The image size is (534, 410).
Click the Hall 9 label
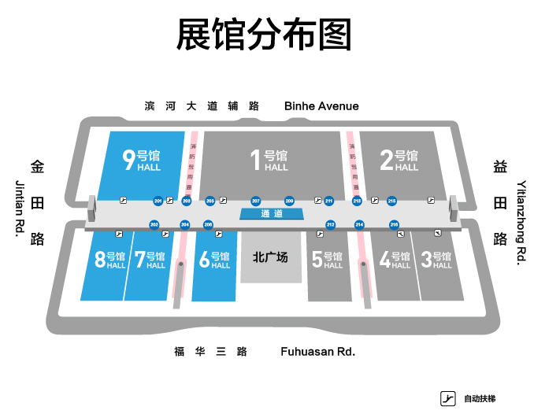[142, 160]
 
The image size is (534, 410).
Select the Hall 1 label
[269, 160]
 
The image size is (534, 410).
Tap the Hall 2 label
[399, 160]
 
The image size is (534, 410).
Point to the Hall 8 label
[110, 260]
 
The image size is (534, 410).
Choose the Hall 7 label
[150, 260]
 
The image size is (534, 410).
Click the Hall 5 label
[327, 260]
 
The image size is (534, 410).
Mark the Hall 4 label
[395, 260]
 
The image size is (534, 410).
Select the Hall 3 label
[436, 260]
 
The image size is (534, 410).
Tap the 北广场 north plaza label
[270, 257]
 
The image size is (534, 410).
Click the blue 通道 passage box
[271, 214]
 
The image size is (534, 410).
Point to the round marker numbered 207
[256, 201]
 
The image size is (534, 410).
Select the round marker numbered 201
[158, 201]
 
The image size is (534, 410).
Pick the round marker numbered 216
[394, 225]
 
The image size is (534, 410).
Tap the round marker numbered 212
[331, 225]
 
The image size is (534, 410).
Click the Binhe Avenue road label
[321, 106]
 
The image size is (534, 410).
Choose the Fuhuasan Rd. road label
[317, 352]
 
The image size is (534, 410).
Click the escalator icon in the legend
[448, 398]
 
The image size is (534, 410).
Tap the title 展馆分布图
[264, 35]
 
